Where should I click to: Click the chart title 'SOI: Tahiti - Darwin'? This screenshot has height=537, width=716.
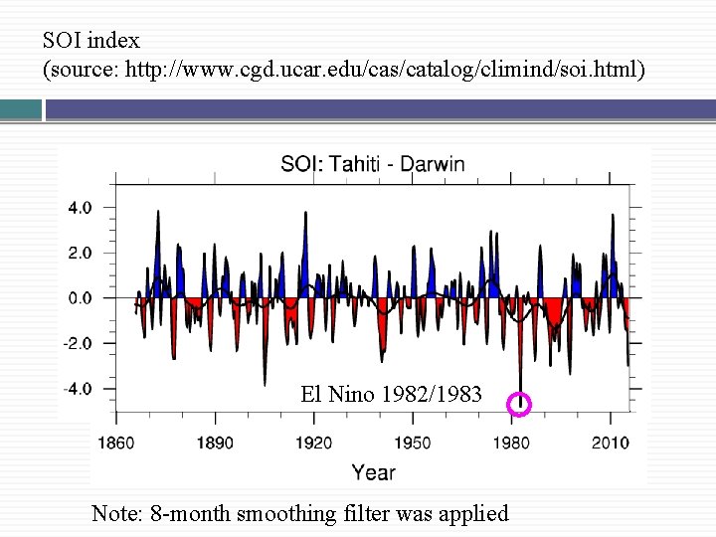point(372,164)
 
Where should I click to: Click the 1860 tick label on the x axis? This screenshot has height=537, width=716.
point(116,443)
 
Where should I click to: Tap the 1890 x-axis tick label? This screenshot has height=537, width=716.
point(215,443)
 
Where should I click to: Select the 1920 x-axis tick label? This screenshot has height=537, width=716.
point(314,443)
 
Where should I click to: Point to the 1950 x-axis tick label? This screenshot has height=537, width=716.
point(413,443)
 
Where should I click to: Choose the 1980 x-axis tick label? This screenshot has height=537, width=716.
point(511,443)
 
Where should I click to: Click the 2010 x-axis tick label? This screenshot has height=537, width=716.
point(610,443)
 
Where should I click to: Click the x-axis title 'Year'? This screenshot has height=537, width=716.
point(373,472)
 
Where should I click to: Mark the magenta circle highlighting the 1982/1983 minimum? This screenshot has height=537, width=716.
point(519,404)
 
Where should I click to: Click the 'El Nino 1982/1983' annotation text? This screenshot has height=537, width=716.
point(391,395)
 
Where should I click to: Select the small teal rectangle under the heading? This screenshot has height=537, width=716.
point(20,109)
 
